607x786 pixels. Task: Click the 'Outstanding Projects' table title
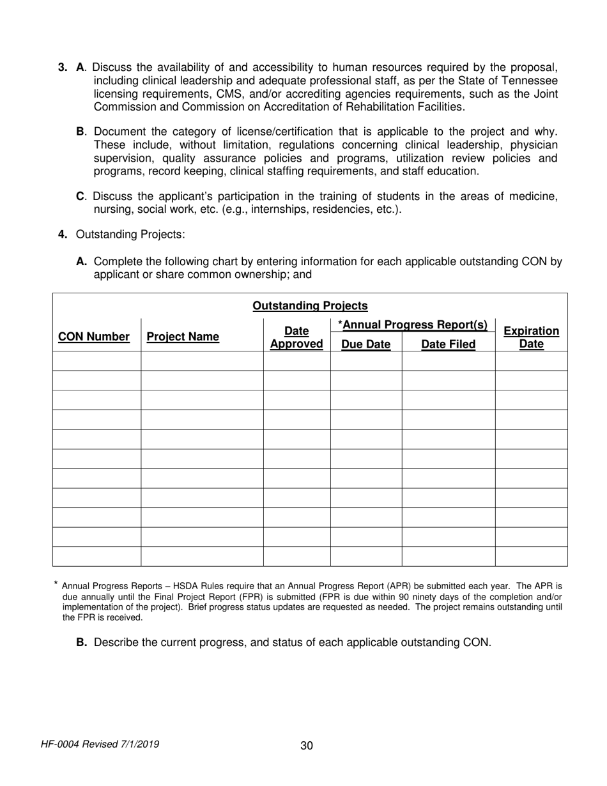tap(310, 306)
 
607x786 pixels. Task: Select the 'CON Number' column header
tap(94, 337)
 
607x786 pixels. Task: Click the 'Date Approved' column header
tap(296, 337)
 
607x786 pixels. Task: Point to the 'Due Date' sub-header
tap(366, 345)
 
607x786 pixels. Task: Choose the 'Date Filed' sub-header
tap(448, 345)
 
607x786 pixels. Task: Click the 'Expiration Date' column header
tap(531, 337)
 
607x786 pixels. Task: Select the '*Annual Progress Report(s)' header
tap(413, 325)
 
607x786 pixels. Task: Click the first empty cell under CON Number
tap(96, 361)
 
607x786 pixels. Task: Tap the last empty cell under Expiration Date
tap(531, 557)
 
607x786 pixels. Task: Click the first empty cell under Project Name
tap(202, 361)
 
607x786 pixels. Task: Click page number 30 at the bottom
tap(307, 745)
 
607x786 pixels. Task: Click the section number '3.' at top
tap(63, 67)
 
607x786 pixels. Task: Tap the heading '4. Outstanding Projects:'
tap(121, 235)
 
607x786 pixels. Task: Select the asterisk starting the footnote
tap(56, 583)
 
